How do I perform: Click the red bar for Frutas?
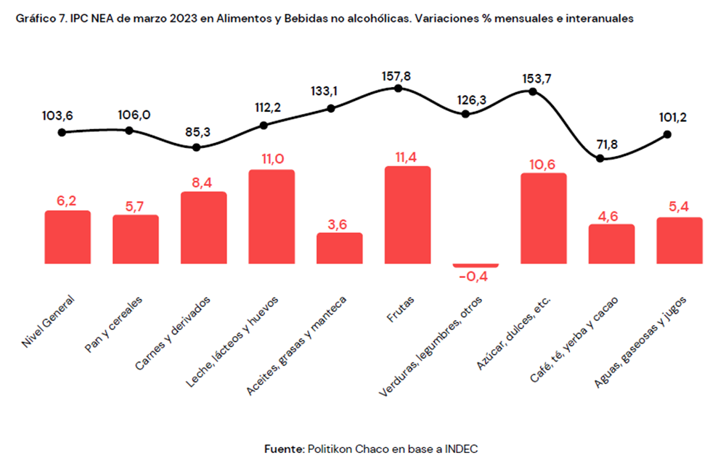[x=407, y=216]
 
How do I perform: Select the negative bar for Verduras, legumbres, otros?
[x=476, y=265]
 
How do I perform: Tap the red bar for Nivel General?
[x=68, y=237]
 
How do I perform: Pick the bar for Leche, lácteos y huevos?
[x=272, y=217]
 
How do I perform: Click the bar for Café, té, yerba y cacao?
[x=611, y=244]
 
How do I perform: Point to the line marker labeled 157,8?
[x=398, y=88]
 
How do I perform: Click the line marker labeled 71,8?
[x=600, y=158]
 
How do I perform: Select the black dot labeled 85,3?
[x=196, y=147]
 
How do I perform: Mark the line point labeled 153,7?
[x=533, y=91]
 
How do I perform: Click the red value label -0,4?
[x=475, y=277]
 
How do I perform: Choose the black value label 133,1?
[x=331, y=91]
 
